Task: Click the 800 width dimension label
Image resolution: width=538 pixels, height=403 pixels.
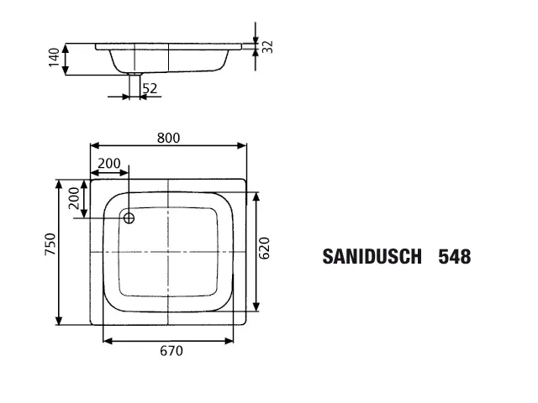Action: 168,139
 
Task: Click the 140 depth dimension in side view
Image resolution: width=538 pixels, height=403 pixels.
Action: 54,58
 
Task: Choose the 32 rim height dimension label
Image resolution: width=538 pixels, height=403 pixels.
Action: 267,46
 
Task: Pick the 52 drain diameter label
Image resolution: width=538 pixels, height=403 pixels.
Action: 150,88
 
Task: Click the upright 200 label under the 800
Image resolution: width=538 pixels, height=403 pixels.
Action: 108,163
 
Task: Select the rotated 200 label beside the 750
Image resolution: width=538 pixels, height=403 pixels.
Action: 73,198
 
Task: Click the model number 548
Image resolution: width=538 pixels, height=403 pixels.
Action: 454,257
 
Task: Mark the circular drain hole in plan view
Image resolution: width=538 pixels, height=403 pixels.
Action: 129,218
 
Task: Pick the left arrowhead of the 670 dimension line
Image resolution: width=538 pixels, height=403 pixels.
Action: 107,340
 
